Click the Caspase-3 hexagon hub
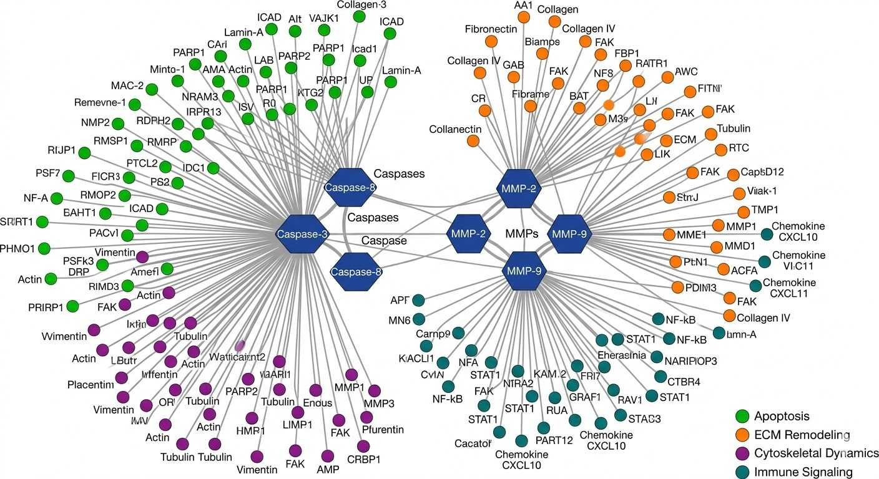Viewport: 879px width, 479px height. pyautogui.click(x=302, y=234)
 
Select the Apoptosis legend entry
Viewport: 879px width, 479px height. pyautogui.click(x=781, y=416)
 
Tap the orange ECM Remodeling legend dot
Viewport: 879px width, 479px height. pyautogui.click(x=742, y=435)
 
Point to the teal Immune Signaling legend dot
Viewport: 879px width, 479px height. pyautogui.click(x=742, y=472)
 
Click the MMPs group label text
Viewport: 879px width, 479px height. pyautogui.click(x=521, y=235)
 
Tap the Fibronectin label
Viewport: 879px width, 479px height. pyautogui.click(x=491, y=29)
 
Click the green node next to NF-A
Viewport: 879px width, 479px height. pyautogui.click(x=57, y=198)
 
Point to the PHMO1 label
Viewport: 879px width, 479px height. pyautogui.click(x=17, y=249)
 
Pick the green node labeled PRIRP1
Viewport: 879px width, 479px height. pyautogui.click(x=72, y=306)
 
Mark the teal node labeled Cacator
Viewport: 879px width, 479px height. pyautogui.click(x=499, y=432)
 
